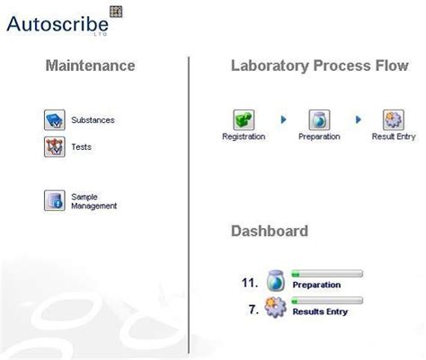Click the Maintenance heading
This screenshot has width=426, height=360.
click(90, 66)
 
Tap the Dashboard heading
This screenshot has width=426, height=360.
click(270, 231)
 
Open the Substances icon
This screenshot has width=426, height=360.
click(55, 119)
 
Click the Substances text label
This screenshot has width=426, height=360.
click(93, 119)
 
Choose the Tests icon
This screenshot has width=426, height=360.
click(55, 146)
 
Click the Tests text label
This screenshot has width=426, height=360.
click(81, 147)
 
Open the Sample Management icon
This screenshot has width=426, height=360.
click(55, 200)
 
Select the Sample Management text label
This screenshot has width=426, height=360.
click(93, 201)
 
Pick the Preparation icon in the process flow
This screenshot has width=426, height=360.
click(319, 120)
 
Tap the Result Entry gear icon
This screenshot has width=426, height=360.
click(394, 120)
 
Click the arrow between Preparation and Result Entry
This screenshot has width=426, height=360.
click(359, 119)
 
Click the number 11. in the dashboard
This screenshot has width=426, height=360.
click(250, 282)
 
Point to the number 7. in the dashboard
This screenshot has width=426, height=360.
click(253, 309)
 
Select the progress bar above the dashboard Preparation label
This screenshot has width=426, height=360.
click(327, 273)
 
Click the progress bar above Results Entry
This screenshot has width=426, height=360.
click(327, 301)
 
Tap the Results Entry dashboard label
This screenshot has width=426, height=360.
click(321, 312)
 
